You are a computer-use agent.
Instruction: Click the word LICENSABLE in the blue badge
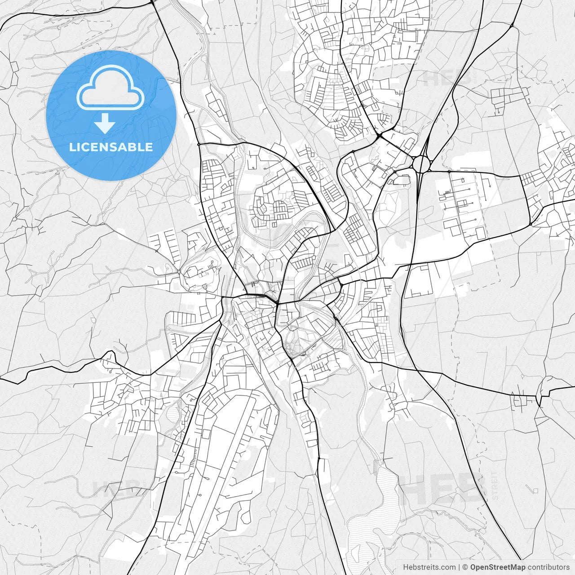(x=111, y=147)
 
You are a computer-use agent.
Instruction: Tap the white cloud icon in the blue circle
(x=111, y=88)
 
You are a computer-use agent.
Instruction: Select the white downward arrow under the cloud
(x=105, y=123)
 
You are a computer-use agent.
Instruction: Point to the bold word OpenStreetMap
(x=498, y=567)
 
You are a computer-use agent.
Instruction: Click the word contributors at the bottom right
(x=548, y=567)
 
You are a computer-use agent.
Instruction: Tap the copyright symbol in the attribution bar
(x=465, y=567)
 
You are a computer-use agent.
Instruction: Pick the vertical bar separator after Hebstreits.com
(x=459, y=567)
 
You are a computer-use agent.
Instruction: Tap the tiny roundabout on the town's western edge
(x=179, y=272)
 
